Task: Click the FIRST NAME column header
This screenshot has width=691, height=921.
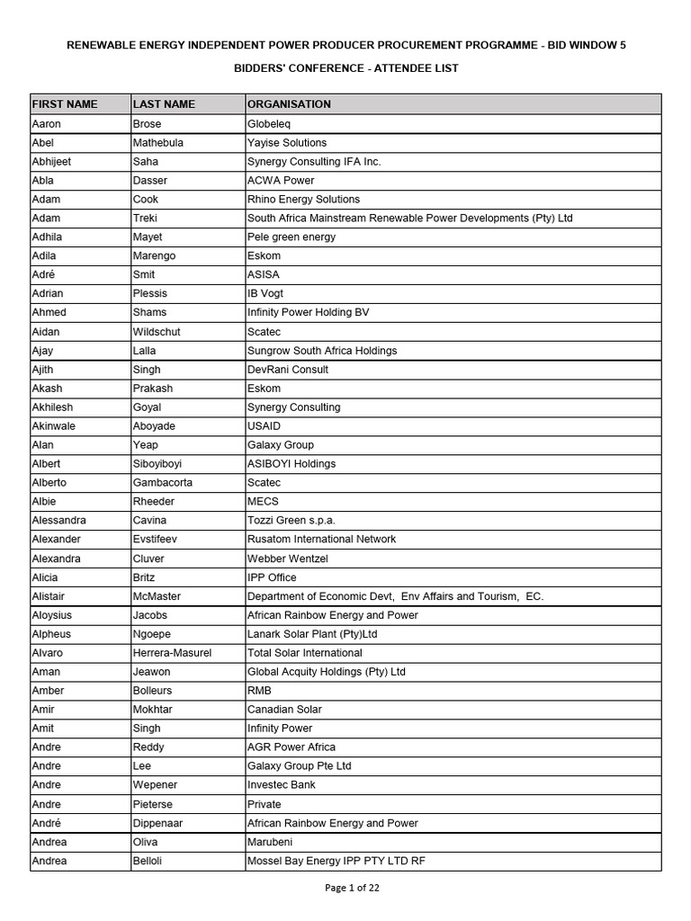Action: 65,104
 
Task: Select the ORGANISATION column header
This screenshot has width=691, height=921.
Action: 289,104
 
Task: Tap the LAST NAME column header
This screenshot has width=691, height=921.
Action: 164,104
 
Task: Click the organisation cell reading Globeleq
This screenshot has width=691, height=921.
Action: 269,124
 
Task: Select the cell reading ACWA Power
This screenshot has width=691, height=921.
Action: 281,181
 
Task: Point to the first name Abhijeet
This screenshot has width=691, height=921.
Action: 51,162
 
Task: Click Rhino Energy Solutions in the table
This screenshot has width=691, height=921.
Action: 303,200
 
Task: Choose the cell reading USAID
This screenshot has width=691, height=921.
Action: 265,426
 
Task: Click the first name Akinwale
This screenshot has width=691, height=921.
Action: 53,426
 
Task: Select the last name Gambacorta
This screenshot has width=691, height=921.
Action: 163,483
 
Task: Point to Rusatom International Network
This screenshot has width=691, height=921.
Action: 321,540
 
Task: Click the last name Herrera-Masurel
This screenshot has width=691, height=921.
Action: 172,653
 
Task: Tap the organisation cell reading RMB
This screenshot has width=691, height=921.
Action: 259,691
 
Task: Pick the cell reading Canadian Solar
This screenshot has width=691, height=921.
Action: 285,710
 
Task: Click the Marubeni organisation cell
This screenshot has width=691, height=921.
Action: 270,842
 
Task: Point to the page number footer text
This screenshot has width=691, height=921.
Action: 352,888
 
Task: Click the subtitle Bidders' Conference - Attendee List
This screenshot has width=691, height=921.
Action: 346,68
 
